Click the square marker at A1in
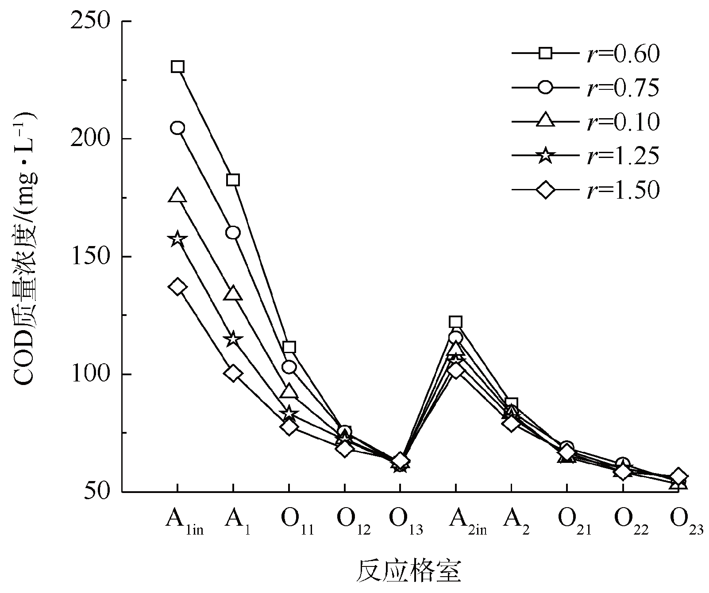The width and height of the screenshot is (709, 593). pos(177,67)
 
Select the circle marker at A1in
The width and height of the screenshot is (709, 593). pos(177,128)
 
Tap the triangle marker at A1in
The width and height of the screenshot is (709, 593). pos(177,195)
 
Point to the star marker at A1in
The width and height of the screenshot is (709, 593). pos(177,239)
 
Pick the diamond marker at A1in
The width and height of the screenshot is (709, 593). pos(177,287)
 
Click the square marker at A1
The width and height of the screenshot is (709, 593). pos(233,180)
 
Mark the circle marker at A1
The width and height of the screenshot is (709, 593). pos(233,232)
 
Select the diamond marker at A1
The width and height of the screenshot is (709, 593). pos(233,373)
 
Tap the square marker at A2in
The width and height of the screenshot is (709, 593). pos(455,322)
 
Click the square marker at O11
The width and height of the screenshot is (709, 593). pos(289,347)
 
